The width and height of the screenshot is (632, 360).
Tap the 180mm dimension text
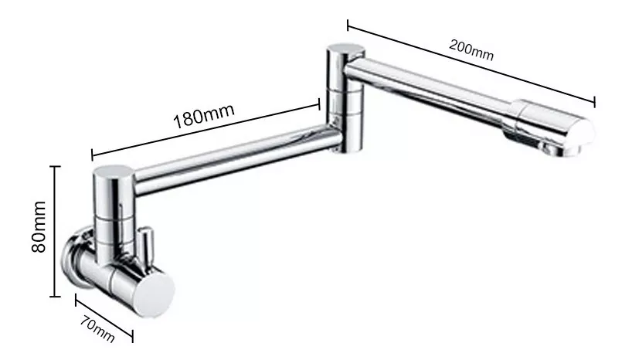203,118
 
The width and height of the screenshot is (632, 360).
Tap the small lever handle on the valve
144,246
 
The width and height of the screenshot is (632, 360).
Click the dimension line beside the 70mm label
104,317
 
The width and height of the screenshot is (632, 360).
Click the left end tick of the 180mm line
92,155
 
